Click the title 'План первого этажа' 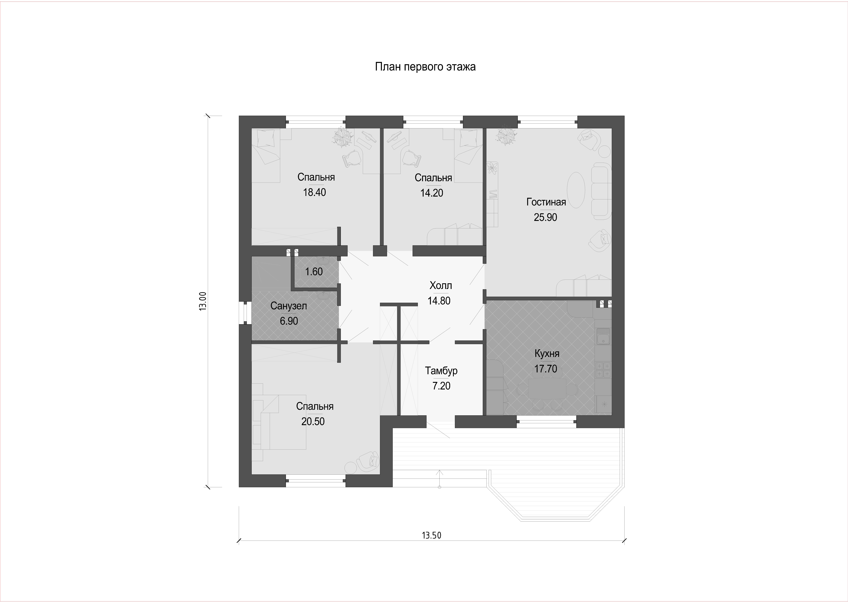[x=425, y=67]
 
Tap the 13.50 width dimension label [x=432, y=535]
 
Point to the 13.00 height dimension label [x=203, y=301]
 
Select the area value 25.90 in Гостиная [x=545, y=217]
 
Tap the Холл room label [x=441, y=286]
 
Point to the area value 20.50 [x=313, y=421]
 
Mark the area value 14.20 [x=432, y=193]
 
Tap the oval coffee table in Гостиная [x=576, y=190]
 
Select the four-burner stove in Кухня [x=603, y=370]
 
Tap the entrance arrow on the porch [x=439, y=479]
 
